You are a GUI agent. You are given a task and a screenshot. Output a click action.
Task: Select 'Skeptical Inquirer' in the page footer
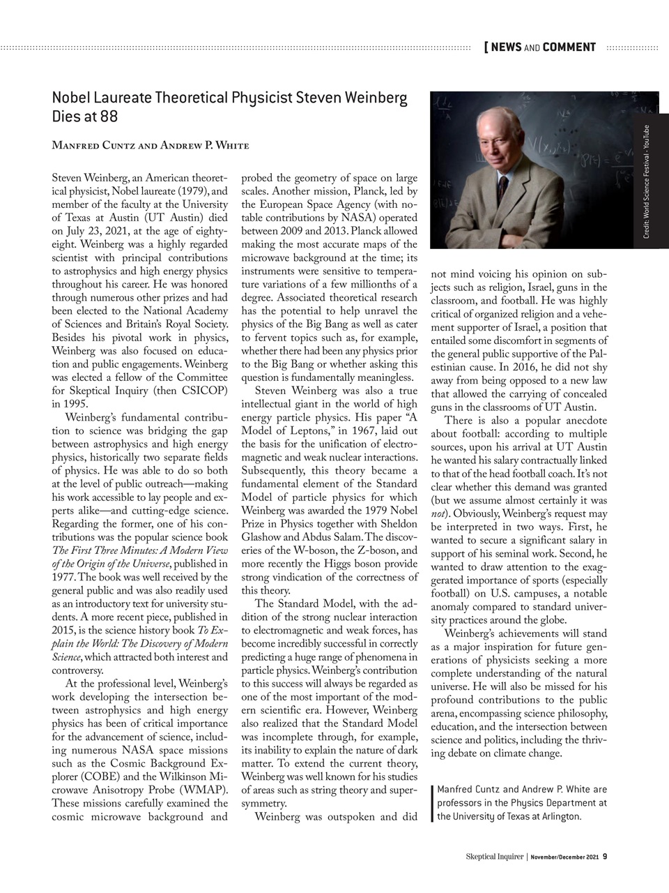(x=494, y=857)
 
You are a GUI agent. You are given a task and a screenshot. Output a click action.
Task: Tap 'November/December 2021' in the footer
(x=564, y=857)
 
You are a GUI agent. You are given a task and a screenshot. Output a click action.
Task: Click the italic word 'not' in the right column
(x=438, y=514)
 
